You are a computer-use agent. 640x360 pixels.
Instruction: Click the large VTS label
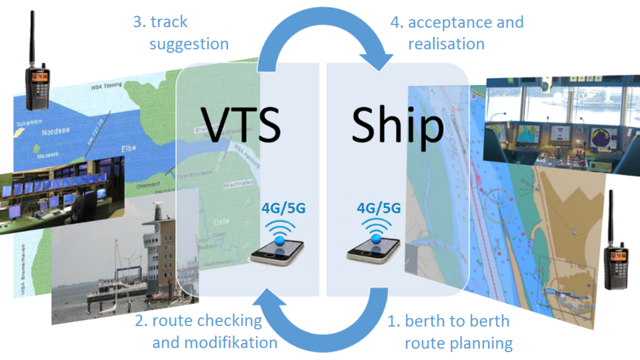click(239, 124)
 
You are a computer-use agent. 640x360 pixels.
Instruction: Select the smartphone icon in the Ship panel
click(373, 248)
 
